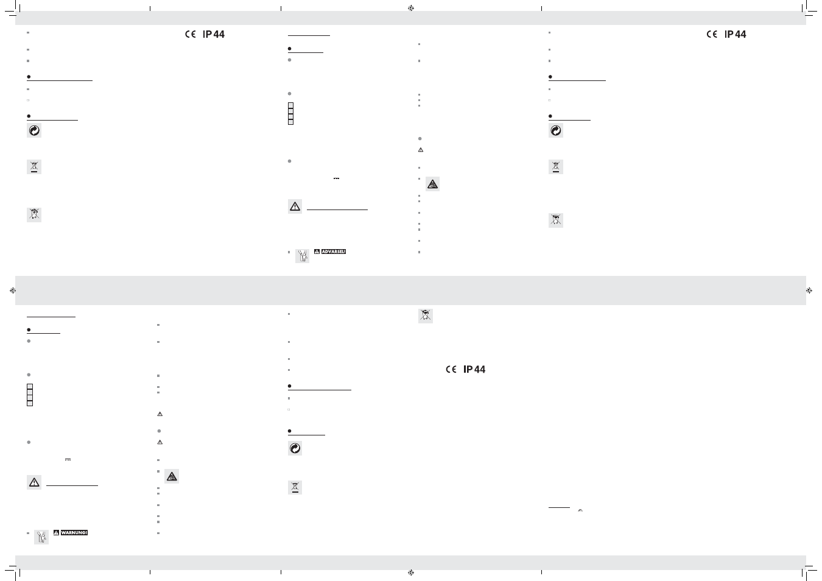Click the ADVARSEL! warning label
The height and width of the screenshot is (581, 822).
(333, 252)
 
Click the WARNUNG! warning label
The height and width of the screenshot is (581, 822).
(74, 532)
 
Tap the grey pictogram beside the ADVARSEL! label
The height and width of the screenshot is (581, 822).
(302, 256)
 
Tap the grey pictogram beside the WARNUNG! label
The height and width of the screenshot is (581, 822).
(41, 537)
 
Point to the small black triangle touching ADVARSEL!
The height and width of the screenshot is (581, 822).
(317, 252)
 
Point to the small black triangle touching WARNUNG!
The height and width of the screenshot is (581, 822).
(56, 532)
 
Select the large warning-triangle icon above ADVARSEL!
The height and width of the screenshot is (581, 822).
(295, 206)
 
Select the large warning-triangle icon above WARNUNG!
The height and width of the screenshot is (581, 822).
(34, 482)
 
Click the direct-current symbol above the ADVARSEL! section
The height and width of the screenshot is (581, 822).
(336, 178)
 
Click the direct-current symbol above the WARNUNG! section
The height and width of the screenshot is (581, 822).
(68, 459)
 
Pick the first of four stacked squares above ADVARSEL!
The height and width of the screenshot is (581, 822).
(290, 105)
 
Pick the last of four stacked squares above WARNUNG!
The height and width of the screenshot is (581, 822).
(30, 403)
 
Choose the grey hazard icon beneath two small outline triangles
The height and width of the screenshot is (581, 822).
(172, 477)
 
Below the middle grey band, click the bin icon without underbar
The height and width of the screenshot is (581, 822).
(426, 315)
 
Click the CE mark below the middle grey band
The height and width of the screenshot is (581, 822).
(451, 369)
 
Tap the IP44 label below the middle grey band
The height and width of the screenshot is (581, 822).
(474, 369)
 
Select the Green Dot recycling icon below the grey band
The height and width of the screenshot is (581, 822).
(295, 448)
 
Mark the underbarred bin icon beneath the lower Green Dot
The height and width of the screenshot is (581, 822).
(295, 487)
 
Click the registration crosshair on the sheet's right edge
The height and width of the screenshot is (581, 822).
(809, 290)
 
